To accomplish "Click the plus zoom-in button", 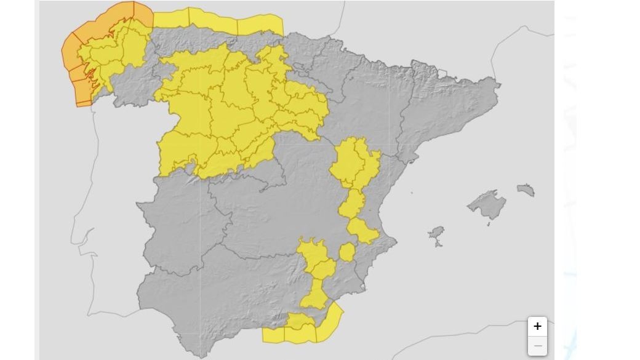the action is (537, 326).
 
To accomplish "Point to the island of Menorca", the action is (526, 190).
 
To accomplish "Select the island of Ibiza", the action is (436, 233).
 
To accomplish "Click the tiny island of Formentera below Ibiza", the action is (438, 245).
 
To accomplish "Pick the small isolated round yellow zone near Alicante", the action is (348, 252).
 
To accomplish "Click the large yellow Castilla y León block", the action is (234, 111).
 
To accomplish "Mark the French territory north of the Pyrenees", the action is (431, 31).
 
